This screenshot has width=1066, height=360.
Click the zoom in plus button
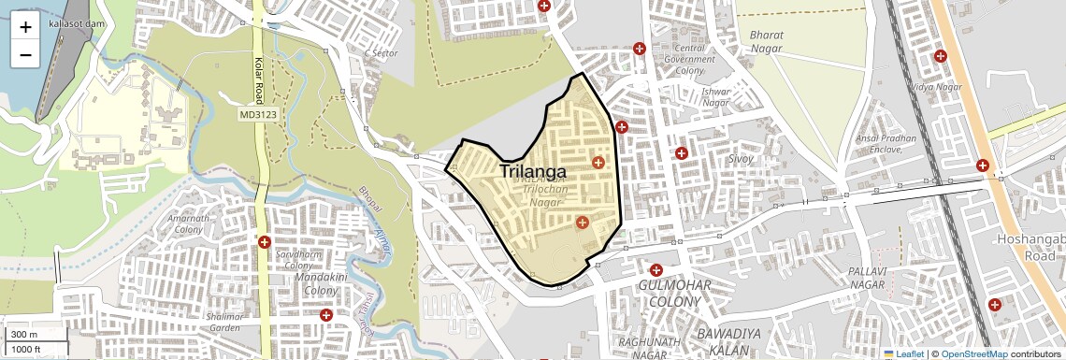(x=25, y=28)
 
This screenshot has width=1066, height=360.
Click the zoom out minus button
(x=25, y=55)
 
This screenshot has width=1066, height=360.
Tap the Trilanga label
(x=533, y=172)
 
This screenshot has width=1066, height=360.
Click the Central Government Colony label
(x=688, y=59)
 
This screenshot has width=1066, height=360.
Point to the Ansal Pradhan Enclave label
(x=886, y=143)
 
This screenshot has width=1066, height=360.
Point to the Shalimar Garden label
(x=224, y=322)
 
